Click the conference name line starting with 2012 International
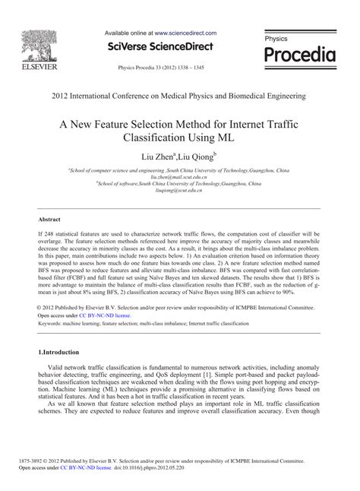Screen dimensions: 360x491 coord(179,97)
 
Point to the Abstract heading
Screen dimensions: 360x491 coord(49,218)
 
